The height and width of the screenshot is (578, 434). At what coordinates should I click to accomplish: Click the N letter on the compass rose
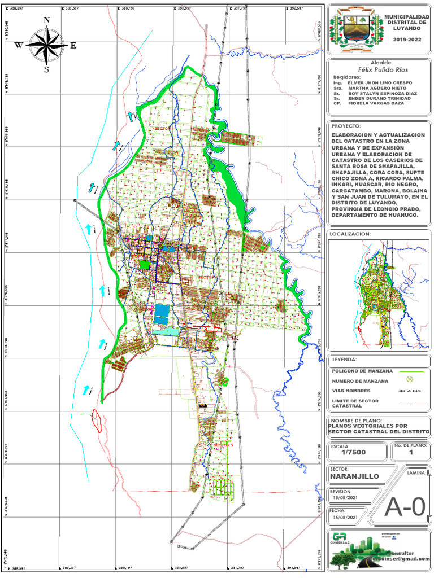tap(47, 20)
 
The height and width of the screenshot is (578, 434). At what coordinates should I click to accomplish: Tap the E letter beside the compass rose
tap(73, 46)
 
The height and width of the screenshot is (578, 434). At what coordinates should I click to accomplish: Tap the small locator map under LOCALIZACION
tap(379, 294)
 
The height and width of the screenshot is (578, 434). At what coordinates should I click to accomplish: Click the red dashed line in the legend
tap(410, 404)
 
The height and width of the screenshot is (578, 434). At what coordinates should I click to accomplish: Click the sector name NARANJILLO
tap(354, 476)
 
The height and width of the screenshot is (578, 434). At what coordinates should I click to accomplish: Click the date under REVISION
tap(345, 498)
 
